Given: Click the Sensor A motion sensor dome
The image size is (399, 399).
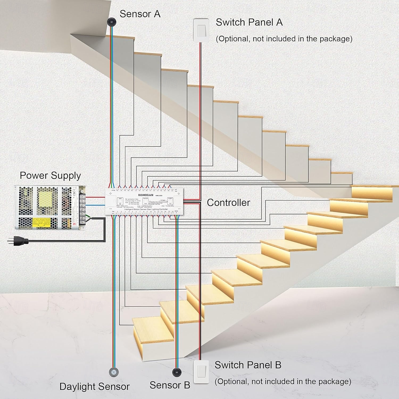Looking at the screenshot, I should [112, 22].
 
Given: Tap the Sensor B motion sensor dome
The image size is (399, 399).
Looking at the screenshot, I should [177, 372].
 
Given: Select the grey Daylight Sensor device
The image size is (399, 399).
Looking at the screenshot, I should [114, 372].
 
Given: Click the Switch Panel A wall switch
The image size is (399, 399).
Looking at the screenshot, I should [201, 30].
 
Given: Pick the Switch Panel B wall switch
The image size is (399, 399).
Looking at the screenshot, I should [201, 372].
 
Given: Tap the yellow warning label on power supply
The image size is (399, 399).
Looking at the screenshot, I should [41, 222].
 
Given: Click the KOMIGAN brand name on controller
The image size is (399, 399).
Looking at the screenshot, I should [146, 195].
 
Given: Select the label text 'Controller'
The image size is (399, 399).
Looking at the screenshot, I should [228, 203].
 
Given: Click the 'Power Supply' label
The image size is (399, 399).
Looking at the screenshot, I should [50, 176].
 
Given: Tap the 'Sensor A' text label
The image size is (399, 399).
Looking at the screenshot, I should [140, 14].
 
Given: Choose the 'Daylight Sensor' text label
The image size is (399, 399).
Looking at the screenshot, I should [94, 386].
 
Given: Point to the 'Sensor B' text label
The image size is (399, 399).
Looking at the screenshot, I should [170, 385].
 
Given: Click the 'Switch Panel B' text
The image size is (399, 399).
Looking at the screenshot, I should [248, 365].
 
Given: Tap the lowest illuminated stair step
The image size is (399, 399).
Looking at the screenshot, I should [153, 332].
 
